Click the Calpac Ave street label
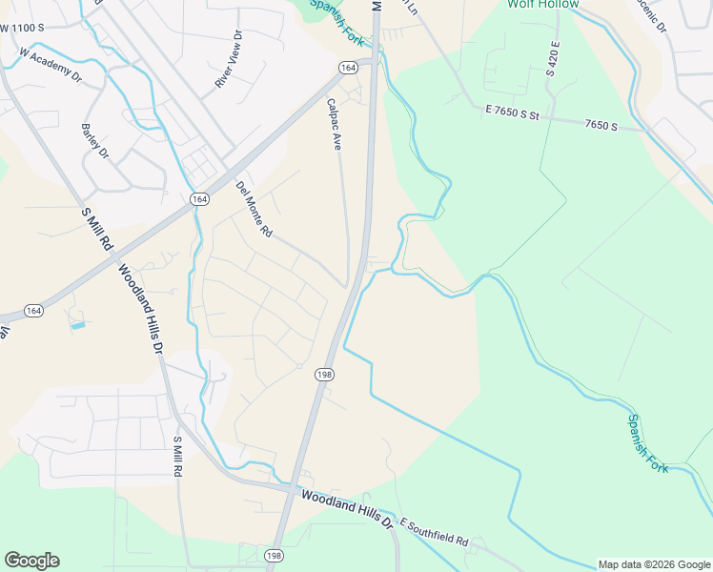point(335,125)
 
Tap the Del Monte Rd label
point(255,209)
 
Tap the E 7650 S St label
point(513,113)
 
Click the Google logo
point(31,561)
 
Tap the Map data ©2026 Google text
point(654,564)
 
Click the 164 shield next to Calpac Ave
point(348,67)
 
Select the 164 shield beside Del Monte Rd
point(198,198)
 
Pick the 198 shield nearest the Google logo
point(275,556)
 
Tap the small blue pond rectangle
point(77,326)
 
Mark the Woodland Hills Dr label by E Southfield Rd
point(347,509)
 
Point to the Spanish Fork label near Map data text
point(647,442)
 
